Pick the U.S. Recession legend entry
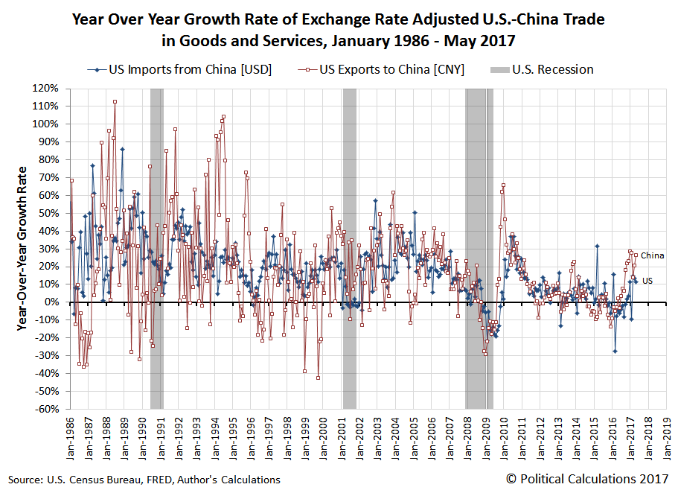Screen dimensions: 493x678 tap(542, 70)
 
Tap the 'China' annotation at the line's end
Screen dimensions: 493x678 tap(652, 255)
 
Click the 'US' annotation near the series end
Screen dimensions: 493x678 tap(647, 281)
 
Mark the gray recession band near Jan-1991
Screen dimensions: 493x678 tap(156, 248)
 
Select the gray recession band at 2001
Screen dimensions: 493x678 tap(349, 248)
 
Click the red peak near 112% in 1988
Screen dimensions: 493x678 tap(115, 101)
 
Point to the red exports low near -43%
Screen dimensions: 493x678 tap(318, 378)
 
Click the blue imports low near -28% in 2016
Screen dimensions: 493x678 tap(615, 351)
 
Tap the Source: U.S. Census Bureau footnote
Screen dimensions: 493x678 tap(144, 480)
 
